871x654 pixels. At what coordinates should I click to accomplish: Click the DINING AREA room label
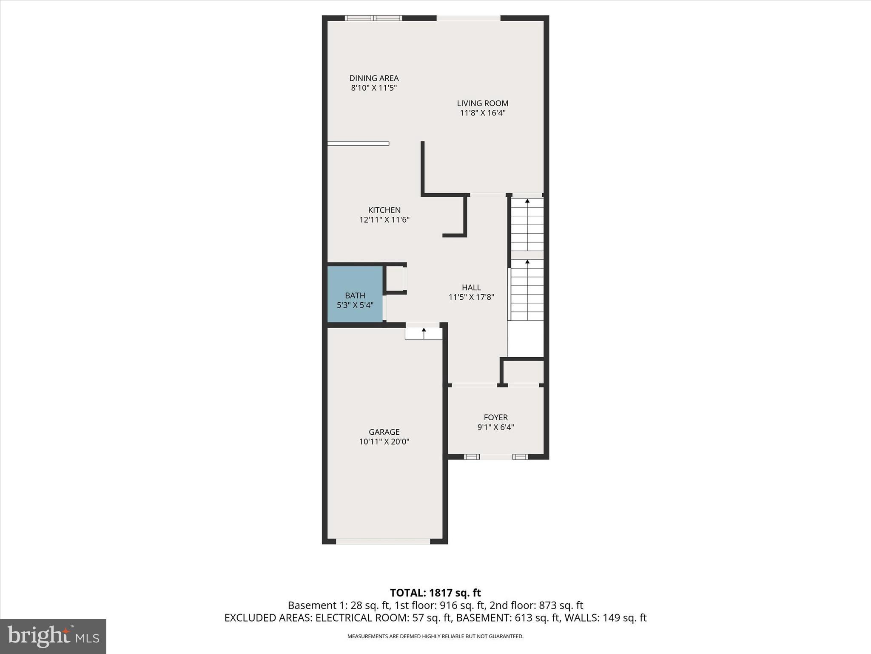click(374, 78)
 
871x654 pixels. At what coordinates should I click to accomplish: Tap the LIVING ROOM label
click(482, 103)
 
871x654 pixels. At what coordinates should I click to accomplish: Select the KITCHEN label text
click(384, 210)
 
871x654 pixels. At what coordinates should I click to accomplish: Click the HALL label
click(471, 287)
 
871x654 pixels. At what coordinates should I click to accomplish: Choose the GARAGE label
click(384, 432)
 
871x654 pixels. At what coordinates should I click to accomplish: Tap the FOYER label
click(495, 417)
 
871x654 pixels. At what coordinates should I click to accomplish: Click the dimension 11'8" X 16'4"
click(482, 113)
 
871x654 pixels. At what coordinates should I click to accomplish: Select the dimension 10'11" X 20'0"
click(384, 442)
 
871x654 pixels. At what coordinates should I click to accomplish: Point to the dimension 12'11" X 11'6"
click(384, 220)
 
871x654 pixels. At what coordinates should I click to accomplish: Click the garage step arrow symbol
click(424, 330)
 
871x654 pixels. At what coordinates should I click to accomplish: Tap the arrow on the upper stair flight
click(527, 201)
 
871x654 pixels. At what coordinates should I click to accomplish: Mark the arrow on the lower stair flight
click(527, 262)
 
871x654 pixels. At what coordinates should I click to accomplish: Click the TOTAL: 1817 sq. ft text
click(435, 593)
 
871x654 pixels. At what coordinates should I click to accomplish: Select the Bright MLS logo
click(53, 636)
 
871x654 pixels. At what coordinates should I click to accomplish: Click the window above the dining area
click(373, 18)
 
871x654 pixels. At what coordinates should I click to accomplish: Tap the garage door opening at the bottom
click(383, 542)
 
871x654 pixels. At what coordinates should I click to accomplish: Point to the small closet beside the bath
click(395, 278)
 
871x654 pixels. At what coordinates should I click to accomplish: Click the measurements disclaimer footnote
click(435, 637)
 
